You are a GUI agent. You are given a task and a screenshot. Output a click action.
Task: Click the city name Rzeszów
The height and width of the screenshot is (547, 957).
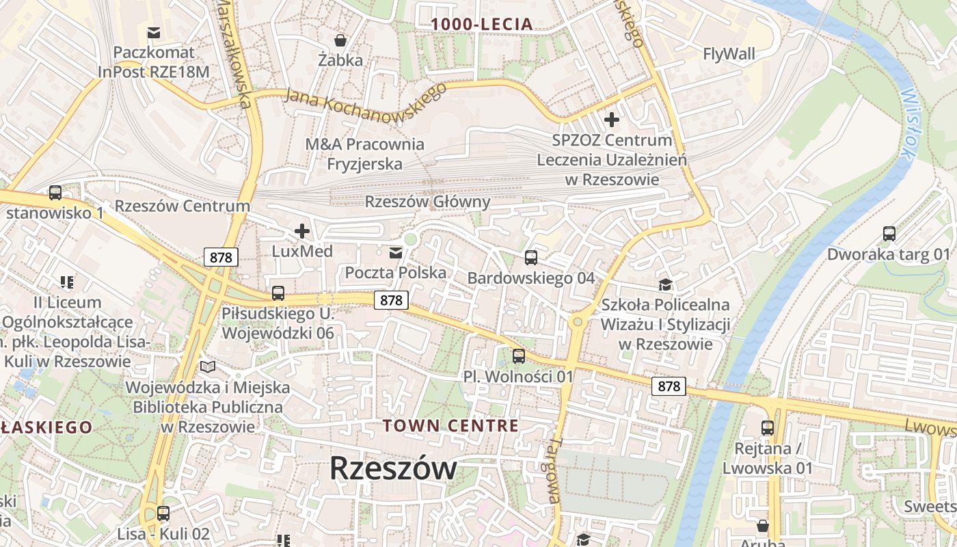point(393,469)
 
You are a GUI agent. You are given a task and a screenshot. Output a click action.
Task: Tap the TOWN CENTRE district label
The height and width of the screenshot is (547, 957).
point(450,425)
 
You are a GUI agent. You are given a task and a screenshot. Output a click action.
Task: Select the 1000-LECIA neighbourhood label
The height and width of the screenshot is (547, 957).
point(482,25)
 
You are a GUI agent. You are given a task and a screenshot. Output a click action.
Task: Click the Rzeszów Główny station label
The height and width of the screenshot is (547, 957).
point(427,202)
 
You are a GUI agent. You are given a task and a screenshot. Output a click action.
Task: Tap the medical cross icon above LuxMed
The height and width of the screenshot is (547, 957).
point(301,231)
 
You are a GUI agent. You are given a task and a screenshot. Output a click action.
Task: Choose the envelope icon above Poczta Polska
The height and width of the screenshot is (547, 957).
point(395,254)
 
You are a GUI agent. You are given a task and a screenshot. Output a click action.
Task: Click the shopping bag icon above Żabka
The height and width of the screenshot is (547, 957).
point(340,40)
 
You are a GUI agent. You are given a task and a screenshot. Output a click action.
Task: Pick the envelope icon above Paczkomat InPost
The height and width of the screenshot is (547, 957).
point(154,32)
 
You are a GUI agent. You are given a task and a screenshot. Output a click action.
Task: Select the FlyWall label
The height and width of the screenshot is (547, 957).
point(729,53)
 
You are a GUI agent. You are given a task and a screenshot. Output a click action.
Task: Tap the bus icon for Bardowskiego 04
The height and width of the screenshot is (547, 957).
point(530,258)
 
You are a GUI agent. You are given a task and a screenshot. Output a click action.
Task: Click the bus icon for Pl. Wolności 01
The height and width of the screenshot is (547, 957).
point(518,356)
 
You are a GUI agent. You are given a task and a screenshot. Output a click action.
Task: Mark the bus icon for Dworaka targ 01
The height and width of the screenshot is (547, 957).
point(889,234)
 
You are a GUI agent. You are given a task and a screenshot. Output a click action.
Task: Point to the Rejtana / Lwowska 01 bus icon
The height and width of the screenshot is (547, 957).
point(768,428)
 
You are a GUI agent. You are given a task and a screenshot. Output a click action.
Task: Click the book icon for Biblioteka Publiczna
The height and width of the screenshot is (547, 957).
point(208,367)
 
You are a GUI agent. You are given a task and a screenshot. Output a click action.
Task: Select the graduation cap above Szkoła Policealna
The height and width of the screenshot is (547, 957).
point(665,284)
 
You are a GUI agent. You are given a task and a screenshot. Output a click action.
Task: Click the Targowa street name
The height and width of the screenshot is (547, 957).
point(554,471)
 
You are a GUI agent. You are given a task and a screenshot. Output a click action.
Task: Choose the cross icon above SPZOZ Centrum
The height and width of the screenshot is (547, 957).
point(611,120)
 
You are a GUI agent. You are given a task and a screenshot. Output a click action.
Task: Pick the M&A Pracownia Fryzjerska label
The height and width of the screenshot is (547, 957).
point(364,154)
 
